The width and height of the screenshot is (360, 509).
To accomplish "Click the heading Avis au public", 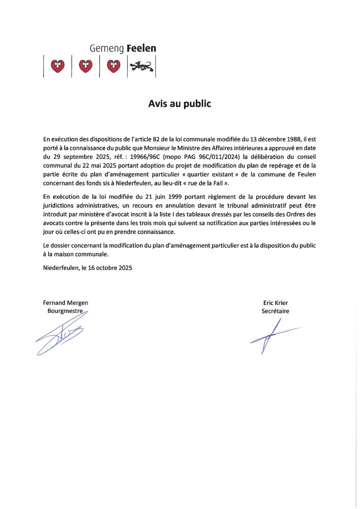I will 179,104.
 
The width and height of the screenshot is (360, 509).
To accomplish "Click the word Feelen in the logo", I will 141,49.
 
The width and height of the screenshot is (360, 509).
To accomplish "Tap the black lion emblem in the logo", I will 141,66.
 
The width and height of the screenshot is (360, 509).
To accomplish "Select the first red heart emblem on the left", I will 58,66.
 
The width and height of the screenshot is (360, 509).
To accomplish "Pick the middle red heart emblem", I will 85,66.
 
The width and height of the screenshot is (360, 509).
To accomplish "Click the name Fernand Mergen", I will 65,303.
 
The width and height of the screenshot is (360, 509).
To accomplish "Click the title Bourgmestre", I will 65,311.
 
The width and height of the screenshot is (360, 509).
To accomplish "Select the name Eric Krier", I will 275,303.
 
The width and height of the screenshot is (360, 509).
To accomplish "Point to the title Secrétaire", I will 275,311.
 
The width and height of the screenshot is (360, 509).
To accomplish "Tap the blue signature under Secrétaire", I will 271,335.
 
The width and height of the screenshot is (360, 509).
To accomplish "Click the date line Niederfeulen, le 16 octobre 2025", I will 87,268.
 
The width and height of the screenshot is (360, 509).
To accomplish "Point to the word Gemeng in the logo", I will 107,49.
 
